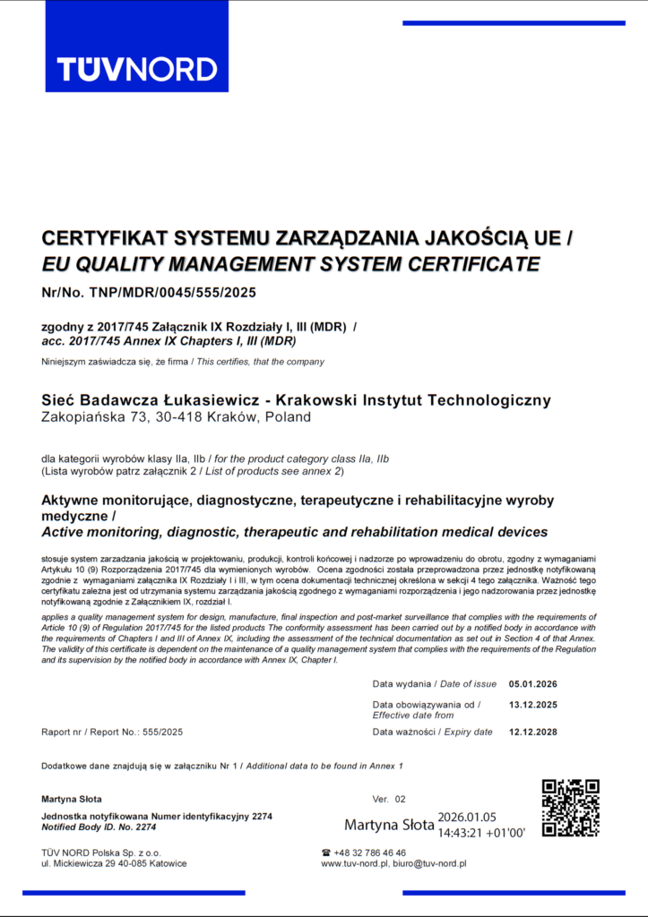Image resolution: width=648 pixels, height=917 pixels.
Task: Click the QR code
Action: coord(570,809)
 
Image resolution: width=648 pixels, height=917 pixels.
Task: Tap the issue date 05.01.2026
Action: coord(533,684)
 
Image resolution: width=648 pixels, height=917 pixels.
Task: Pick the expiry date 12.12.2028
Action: coord(533,732)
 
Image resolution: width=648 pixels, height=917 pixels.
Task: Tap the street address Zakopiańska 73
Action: coord(90,416)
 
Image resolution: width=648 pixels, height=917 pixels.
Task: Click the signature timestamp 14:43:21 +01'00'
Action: coord(481,831)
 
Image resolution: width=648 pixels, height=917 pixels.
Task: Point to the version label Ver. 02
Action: coord(389,798)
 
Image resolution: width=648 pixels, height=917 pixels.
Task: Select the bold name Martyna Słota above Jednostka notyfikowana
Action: coord(72,798)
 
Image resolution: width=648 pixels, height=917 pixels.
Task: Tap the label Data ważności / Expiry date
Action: coord(432,732)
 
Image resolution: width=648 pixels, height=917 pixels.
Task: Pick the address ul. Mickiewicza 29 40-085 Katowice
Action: coord(115,864)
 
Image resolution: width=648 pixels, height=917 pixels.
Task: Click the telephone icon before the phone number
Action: coord(326,853)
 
